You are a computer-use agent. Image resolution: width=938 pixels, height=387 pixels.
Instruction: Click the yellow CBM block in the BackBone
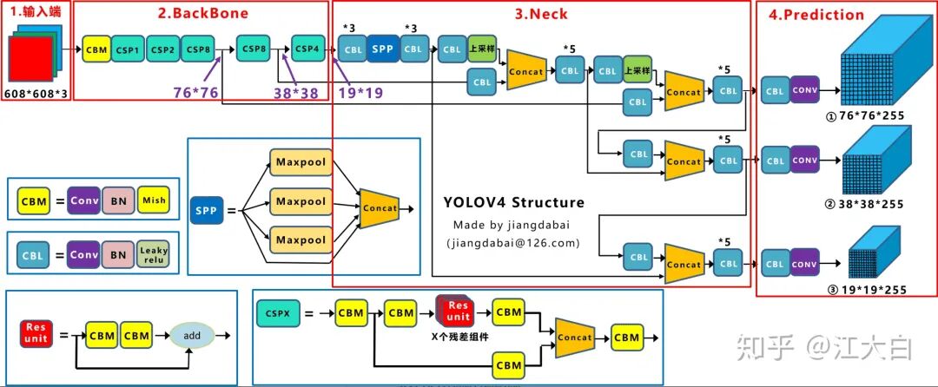(96, 50)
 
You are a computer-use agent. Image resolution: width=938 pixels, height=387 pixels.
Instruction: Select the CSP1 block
(128, 50)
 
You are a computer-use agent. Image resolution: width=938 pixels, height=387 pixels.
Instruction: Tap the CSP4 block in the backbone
(308, 49)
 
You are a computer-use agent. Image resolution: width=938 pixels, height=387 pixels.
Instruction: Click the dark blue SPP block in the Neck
(382, 49)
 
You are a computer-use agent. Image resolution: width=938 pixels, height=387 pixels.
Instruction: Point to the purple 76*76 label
(195, 93)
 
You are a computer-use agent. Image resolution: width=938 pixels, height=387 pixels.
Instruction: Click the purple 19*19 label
(360, 93)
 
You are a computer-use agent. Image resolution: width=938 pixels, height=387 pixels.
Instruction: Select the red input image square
(30, 59)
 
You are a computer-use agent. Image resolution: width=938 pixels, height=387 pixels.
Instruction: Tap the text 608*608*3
(36, 94)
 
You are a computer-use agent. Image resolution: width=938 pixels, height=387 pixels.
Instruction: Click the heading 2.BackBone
(202, 12)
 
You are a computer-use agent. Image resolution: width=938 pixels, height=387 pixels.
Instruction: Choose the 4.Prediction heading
(816, 15)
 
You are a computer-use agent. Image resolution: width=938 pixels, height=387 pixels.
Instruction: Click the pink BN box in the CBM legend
(118, 201)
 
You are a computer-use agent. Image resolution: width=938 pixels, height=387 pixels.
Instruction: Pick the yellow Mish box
(153, 201)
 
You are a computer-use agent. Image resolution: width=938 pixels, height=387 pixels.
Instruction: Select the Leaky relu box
(153, 254)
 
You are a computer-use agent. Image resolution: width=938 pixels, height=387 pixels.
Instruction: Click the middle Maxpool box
(301, 201)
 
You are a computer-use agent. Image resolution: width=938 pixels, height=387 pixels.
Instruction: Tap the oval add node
(192, 336)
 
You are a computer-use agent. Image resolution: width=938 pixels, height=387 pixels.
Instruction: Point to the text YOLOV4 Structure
(514, 202)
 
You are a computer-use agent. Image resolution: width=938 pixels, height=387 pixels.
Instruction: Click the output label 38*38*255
(864, 204)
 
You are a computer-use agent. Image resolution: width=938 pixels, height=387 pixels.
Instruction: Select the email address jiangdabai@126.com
(513, 243)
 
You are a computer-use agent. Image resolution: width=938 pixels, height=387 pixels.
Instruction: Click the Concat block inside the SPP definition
(380, 208)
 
